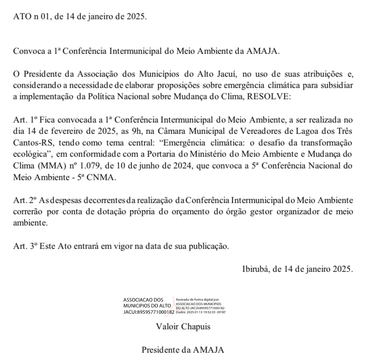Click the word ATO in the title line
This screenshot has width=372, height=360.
coord(20,17)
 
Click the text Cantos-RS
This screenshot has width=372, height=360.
coord(31,142)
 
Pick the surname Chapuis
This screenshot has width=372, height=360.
coord(195,326)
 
